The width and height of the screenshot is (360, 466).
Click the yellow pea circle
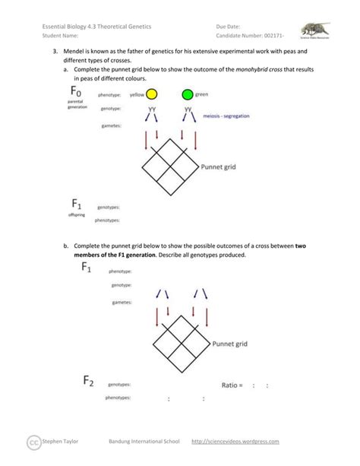pos(152,95)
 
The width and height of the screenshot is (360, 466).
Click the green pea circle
pos(187,95)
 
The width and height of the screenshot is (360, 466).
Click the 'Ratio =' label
pos(232,385)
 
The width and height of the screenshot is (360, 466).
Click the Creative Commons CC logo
pos(33,442)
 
